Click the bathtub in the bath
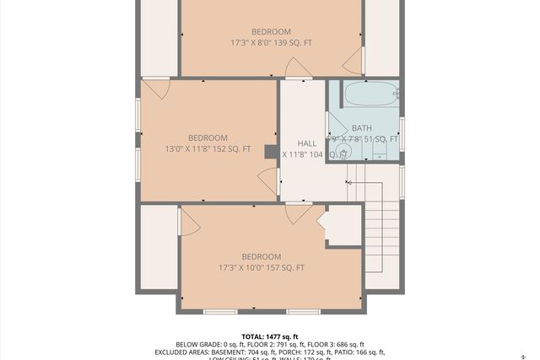point(369,94)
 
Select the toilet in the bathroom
point(380,150)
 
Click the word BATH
point(361,128)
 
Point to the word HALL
point(306,143)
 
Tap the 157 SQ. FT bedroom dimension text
point(262,268)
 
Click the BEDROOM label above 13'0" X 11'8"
point(208,138)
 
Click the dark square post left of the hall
point(271,152)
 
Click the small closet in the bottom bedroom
point(343,226)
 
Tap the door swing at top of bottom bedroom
point(298,212)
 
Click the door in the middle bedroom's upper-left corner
point(157,88)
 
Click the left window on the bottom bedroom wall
point(220,312)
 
